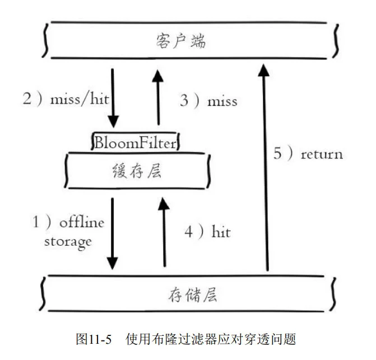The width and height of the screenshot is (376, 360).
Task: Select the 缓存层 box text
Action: (x=137, y=171)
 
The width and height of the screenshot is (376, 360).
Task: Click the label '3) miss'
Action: (x=208, y=101)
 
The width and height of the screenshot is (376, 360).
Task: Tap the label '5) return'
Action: (x=308, y=153)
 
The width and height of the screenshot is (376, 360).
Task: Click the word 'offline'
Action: (x=82, y=222)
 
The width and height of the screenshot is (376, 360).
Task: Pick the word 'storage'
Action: (x=68, y=242)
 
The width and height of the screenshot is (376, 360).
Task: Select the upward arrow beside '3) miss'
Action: (x=159, y=97)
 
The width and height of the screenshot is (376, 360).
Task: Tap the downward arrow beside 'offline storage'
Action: (x=113, y=232)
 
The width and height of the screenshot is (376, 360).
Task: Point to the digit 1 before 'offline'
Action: (x=36, y=222)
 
